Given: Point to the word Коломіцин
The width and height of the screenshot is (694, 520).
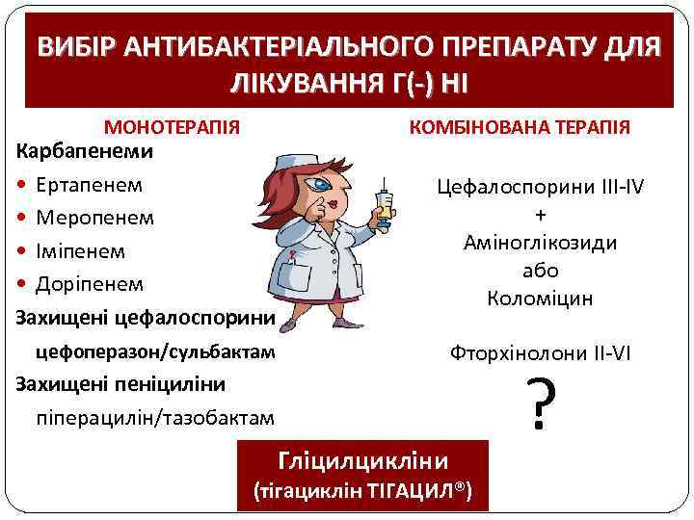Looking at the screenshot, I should click(540, 299).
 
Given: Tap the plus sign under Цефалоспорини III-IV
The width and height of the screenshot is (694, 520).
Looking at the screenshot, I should click(540, 215).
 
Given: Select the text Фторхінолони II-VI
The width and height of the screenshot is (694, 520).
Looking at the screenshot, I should click(540, 352).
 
